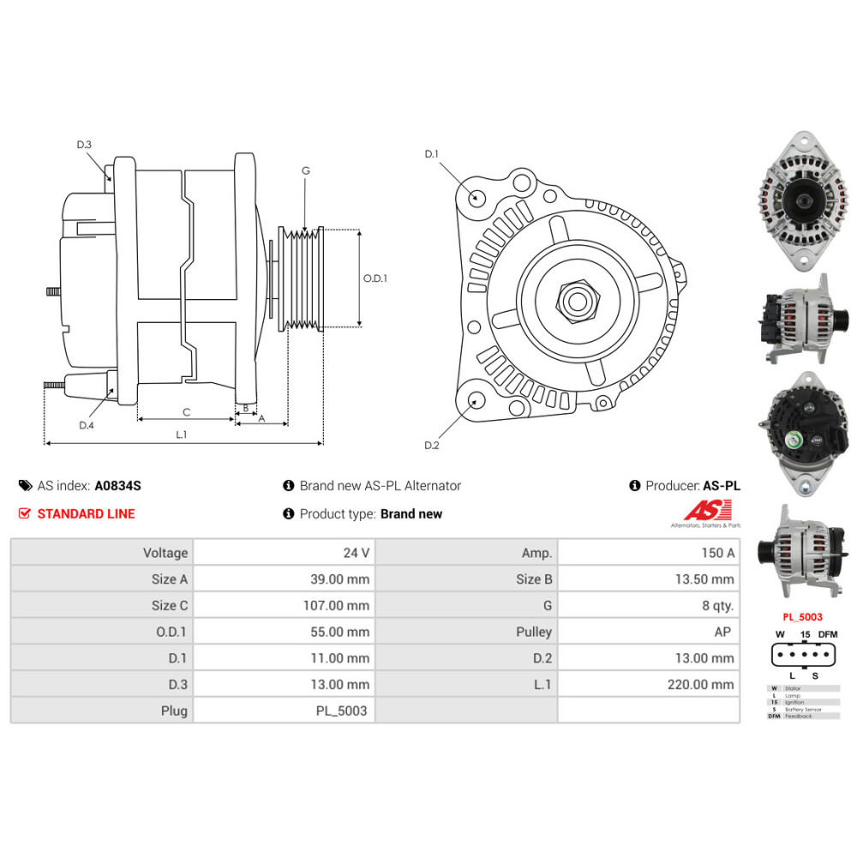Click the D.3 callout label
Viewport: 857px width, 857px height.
pyautogui.click(x=84, y=145)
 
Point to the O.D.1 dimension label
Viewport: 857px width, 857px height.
pyautogui.click(x=375, y=279)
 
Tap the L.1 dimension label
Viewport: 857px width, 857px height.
pyautogui.click(x=182, y=434)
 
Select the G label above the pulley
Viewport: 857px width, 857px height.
pyautogui.click(x=305, y=171)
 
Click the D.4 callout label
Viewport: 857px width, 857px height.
pyautogui.click(x=86, y=425)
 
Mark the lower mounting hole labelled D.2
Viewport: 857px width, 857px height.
pyautogui.click(x=472, y=400)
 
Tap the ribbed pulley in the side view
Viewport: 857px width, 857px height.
pyautogui.click(x=302, y=279)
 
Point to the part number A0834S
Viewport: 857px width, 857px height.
pyautogui.click(x=117, y=486)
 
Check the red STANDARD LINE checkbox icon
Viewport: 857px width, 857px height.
pyautogui.click(x=24, y=514)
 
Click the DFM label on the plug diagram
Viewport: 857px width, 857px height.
pyautogui.click(x=827, y=634)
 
